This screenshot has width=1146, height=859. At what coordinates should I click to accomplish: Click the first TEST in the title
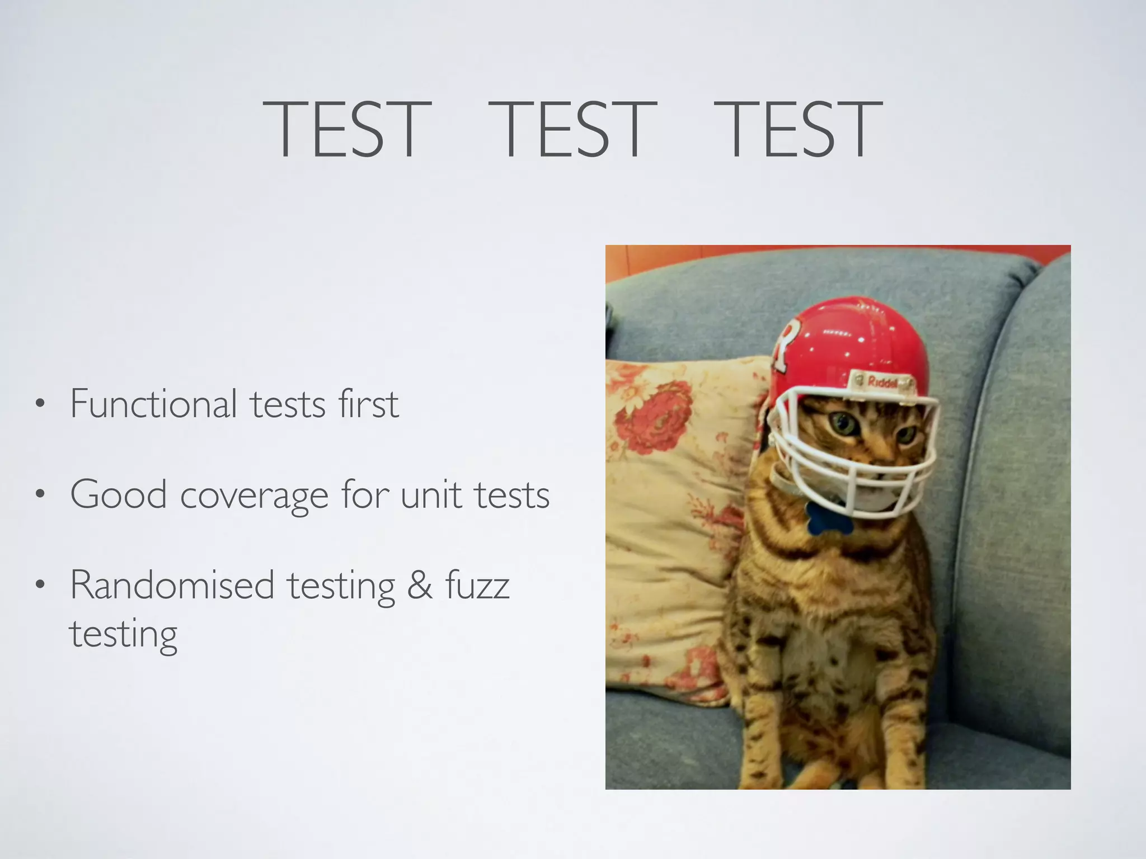(x=347, y=130)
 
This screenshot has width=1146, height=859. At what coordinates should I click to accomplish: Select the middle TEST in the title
(x=572, y=130)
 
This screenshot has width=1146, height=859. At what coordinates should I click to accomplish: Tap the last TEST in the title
(x=798, y=130)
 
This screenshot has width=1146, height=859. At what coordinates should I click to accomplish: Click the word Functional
(x=154, y=404)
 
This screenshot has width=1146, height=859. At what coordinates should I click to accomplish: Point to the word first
(x=369, y=404)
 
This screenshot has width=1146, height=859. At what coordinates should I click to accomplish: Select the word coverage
(x=254, y=495)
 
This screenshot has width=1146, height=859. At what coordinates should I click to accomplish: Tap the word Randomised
(x=172, y=586)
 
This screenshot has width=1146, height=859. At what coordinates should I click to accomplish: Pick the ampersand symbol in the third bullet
(x=420, y=586)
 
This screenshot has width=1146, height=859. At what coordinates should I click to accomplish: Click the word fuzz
(x=477, y=586)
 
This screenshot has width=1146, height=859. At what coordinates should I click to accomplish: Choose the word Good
(x=119, y=494)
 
